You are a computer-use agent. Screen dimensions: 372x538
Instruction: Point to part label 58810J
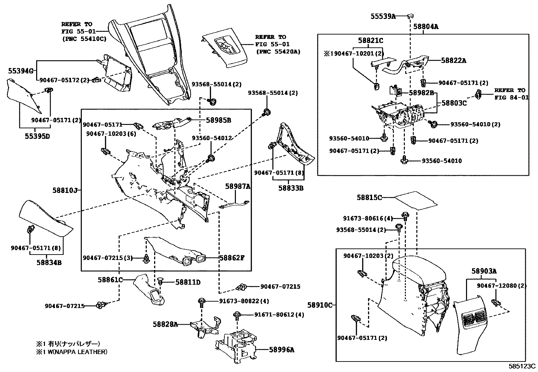pos(65,191)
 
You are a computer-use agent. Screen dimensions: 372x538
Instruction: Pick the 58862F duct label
pos(231,258)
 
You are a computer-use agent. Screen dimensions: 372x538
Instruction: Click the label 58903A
pos(484,271)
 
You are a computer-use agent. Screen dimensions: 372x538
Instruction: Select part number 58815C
pos(369,197)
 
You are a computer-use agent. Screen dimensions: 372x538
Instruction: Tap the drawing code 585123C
pos(522,366)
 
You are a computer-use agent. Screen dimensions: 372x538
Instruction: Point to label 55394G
pos(20,71)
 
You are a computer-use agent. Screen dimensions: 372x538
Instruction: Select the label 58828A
pos(165,324)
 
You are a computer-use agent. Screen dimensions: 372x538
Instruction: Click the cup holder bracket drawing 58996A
pos(237,347)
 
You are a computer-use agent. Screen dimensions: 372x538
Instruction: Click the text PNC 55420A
pos(278,52)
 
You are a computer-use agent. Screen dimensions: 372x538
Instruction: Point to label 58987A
pos(238,186)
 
